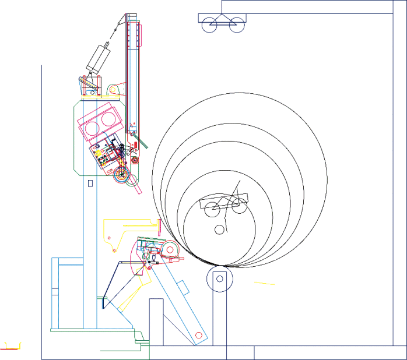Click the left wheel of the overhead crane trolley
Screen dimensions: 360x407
(x=210, y=24)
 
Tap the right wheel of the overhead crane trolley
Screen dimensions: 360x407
(x=236, y=24)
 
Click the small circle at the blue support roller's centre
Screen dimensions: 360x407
(x=220, y=279)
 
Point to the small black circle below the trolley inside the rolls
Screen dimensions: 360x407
(x=219, y=229)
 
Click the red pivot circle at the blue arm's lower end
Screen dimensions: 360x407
(x=199, y=336)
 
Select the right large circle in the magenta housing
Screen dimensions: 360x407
(x=108, y=119)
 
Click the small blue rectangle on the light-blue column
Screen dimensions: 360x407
(x=90, y=183)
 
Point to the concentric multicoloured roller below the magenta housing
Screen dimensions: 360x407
(x=122, y=174)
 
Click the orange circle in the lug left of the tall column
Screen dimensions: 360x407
(x=113, y=90)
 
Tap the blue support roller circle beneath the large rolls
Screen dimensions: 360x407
(x=220, y=279)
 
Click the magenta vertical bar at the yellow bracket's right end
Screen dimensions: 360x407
(x=159, y=225)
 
